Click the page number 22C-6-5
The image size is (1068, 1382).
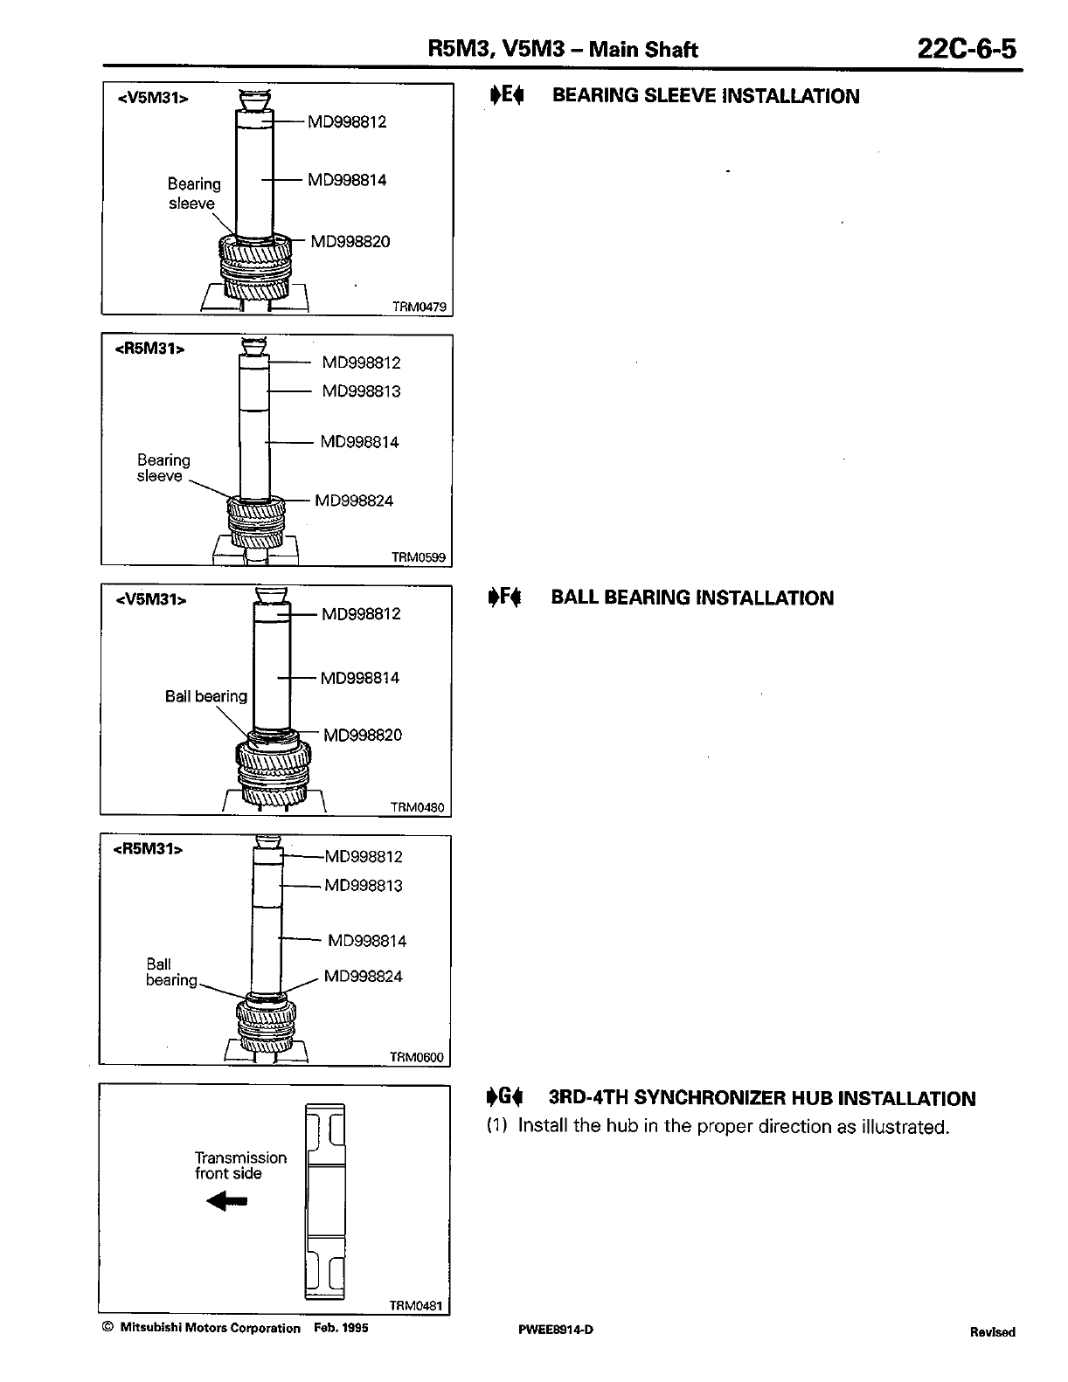(967, 48)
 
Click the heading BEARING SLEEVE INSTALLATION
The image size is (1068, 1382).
(705, 96)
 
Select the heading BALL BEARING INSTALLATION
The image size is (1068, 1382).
(692, 598)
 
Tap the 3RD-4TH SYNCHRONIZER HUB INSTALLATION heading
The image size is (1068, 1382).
(761, 1099)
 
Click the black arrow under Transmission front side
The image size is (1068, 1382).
(227, 1202)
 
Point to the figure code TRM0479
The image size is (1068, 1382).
(419, 307)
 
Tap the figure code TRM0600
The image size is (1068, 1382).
(416, 1058)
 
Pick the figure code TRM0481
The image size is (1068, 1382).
(417, 1306)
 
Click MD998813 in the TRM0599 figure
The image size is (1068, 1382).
(361, 391)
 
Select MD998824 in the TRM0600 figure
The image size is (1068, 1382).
(363, 977)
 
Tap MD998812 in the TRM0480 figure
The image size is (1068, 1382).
(361, 614)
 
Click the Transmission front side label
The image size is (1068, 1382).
(240, 1165)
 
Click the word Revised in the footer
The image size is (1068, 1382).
(992, 1332)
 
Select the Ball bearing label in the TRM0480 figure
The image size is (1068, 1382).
(206, 696)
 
